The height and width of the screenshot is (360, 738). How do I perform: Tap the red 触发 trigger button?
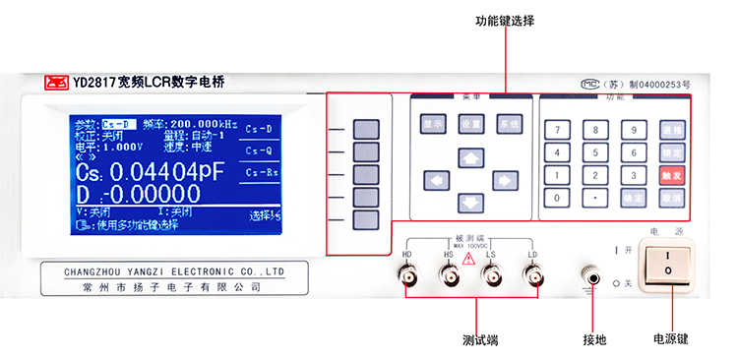tap(671, 176)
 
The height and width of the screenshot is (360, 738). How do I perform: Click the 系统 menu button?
tap(508, 125)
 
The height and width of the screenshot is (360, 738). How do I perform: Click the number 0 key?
tap(558, 198)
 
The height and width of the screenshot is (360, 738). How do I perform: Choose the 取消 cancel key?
tap(671, 198)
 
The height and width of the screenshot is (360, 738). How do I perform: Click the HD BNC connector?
tap(406, 276)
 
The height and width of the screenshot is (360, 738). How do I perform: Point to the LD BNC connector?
tap(532, 276)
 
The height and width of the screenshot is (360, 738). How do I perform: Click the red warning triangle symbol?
tap(468, 258)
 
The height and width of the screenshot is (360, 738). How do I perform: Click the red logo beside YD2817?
tap(55, 84)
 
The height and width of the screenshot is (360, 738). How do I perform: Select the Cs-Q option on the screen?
tap(259, 150)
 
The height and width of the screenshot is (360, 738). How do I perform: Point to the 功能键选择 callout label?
tap(505, 21)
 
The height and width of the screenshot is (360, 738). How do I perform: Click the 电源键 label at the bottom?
tap(670, 339)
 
